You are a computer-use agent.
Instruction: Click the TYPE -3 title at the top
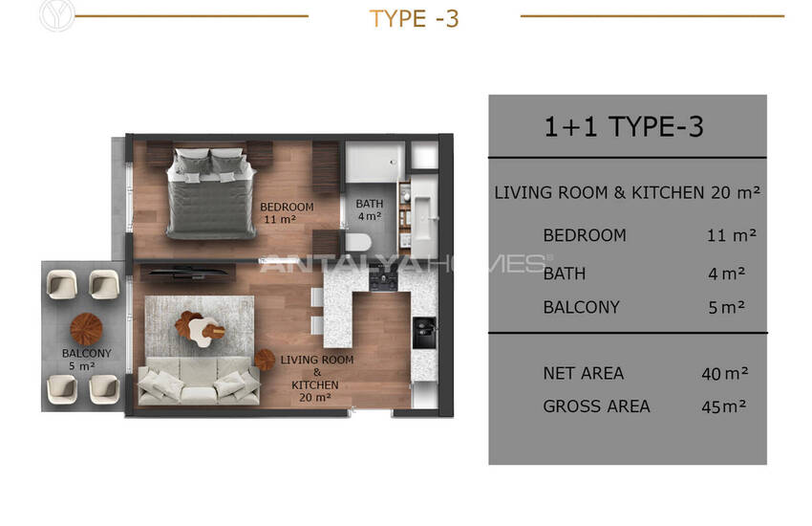pyautogui.click(x=414, y=19)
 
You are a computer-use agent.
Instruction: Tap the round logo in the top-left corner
pyautogui.click(x=57, y=14)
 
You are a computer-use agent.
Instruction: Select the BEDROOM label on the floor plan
pyautogui.click(x=287, y=207)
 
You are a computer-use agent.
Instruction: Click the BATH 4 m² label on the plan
pyautogui.click(x=370, y=209)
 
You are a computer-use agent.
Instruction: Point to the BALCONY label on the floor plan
pyautogui.click(x=87, y=354)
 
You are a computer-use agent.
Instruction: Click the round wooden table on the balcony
pyautogui.click(x=86, y=329)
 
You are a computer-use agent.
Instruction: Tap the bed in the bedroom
pyautogui.click(x=211, y=194)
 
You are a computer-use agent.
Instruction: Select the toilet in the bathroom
pyautogui.click(x=358, y=243)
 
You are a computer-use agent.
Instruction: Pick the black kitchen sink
pyautogui.click(x=424, y=333)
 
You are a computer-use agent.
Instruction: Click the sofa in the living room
pyautogui.click(x=199, y=381)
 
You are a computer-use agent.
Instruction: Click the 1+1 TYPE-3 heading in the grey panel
pyautogui.click(x=624, y=127)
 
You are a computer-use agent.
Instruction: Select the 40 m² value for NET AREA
pyautogui.click(x=725, y=374)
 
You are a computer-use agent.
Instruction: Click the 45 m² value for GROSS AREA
pyautogui.click(x=724, y=406)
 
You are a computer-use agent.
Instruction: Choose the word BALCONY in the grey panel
pyautogui.click(x=581, y=307)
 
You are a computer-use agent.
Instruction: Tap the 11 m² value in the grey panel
pyautogui.click(x=732, y=236)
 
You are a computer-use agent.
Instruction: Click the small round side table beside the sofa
pyautogui.click(x=265, y=360)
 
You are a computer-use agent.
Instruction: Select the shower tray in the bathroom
pyautogui.click(x=374, y=162)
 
